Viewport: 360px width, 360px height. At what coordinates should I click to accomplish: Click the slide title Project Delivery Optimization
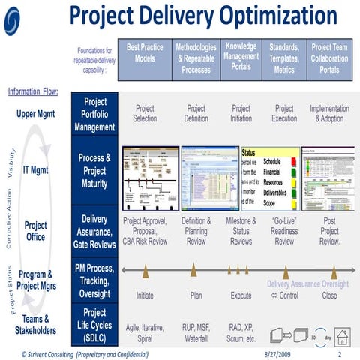[201, 16]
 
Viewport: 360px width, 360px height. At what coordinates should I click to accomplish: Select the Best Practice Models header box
[145, 57]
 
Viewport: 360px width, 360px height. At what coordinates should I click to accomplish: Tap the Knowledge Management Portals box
[241, 57]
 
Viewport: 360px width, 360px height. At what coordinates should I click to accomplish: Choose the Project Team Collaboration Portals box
[329, 57]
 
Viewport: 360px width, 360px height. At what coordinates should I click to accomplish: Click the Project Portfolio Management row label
[94, 115]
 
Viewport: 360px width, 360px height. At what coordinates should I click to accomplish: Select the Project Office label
[35, 231]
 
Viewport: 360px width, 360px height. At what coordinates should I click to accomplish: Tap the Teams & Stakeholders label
[35, 324]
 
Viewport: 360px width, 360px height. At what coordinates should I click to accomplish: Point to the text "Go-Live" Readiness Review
[284, 231]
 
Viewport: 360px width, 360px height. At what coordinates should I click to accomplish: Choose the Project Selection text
[145, 113]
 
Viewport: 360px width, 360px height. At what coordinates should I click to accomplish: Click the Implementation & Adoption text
[329, 113]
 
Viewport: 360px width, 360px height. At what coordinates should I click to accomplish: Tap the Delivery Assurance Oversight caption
[307, 284]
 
